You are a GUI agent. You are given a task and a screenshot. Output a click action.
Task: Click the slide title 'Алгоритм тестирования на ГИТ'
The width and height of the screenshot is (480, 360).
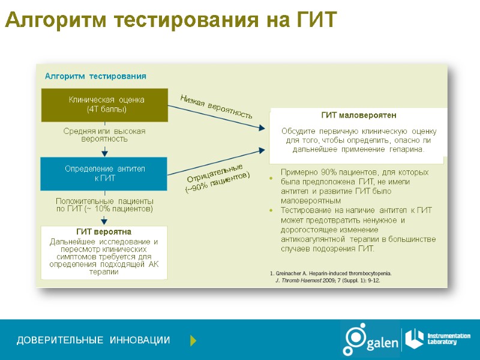pos(171,20)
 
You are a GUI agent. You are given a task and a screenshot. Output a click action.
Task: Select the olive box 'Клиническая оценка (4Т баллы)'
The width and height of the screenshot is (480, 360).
pos(104,104)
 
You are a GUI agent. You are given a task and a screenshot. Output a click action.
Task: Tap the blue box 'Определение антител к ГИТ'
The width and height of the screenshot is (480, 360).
pos(104,173)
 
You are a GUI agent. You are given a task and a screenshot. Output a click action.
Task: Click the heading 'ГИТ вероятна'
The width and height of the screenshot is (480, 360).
pos(104,232)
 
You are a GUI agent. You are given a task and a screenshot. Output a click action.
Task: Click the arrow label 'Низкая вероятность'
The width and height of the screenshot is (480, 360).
pos(216,106)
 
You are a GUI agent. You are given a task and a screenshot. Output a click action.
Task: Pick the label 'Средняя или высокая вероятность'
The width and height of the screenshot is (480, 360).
pos(104,135)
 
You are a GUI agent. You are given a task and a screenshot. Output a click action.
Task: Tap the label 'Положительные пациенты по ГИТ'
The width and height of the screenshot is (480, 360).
pos(104,205)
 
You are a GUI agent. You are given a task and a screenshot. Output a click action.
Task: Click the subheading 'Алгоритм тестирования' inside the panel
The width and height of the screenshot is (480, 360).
pos(95,76)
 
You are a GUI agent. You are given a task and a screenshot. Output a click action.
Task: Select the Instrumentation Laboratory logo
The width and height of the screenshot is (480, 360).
pos(437,338)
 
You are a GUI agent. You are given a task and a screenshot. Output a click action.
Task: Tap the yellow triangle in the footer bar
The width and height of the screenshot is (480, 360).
pos(193,341)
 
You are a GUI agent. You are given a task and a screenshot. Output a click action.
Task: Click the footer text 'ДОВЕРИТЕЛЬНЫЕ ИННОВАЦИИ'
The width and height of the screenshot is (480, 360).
pos(93,341)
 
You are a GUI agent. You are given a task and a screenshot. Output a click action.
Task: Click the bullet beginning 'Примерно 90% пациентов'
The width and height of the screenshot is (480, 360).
pos(354,186)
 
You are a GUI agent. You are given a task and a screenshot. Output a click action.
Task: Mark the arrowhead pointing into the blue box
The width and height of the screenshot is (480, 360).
pos(104,153)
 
